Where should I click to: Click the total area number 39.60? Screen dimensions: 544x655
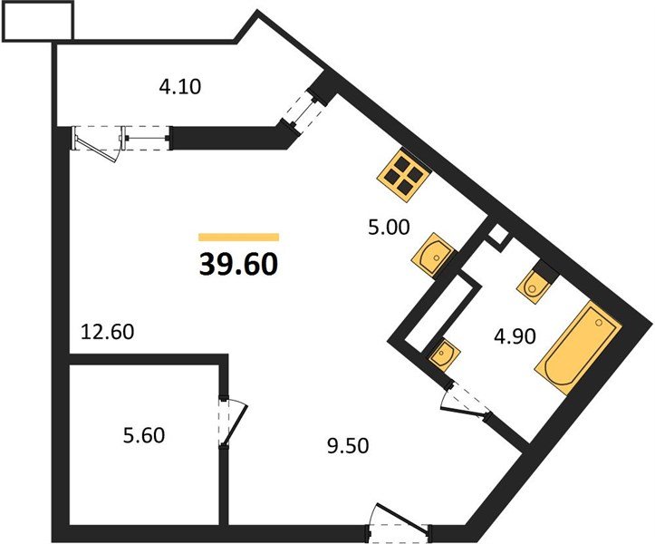[x=238, y=264]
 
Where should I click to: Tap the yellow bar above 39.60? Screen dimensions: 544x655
[x=238, y=237]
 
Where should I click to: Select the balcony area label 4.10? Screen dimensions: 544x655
[x=179, y=88]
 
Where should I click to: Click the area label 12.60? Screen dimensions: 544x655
[x=107, y=332]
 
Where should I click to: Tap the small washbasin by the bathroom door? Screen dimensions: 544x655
[x=443, y=352]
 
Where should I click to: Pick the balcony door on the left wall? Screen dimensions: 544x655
[x=96, y=143]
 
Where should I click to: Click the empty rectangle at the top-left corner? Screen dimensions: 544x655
[x=38, y=22]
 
